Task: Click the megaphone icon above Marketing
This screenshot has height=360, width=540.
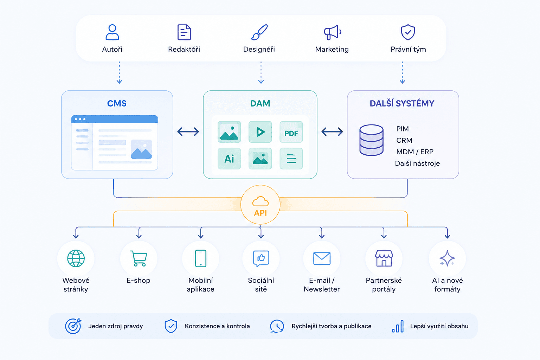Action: pos(333,32)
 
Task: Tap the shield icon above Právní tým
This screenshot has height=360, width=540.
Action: pos(408,32)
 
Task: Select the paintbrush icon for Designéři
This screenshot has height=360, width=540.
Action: pos(259,32)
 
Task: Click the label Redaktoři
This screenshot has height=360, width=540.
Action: pos(184,49)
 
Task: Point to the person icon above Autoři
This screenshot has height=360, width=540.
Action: pos(112,32)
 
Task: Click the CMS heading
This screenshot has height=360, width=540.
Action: pos(117,103)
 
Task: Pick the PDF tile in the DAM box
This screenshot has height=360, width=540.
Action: pos(291,132)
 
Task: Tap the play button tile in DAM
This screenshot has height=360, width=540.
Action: pos(260,132)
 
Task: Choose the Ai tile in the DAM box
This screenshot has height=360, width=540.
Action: pos(229,159)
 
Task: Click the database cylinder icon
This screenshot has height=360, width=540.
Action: pos(372,140)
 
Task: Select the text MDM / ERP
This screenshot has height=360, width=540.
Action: pos(415,152)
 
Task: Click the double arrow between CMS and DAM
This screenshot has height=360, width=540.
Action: pos(188,131)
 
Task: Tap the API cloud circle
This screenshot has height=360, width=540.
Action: pos(261,205)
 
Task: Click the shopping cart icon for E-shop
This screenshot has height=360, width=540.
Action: pos(139,258)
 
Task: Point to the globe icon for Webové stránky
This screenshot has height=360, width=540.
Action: pos(76,258)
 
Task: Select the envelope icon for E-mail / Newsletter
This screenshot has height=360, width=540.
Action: pos(322,258)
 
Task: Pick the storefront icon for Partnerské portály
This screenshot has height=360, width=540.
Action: pos(384,258)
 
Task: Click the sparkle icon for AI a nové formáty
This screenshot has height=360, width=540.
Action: pos(448,258)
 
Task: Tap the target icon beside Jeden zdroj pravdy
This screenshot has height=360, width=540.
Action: pos(73,326)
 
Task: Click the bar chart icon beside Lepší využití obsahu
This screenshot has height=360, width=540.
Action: pos(398,326)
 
